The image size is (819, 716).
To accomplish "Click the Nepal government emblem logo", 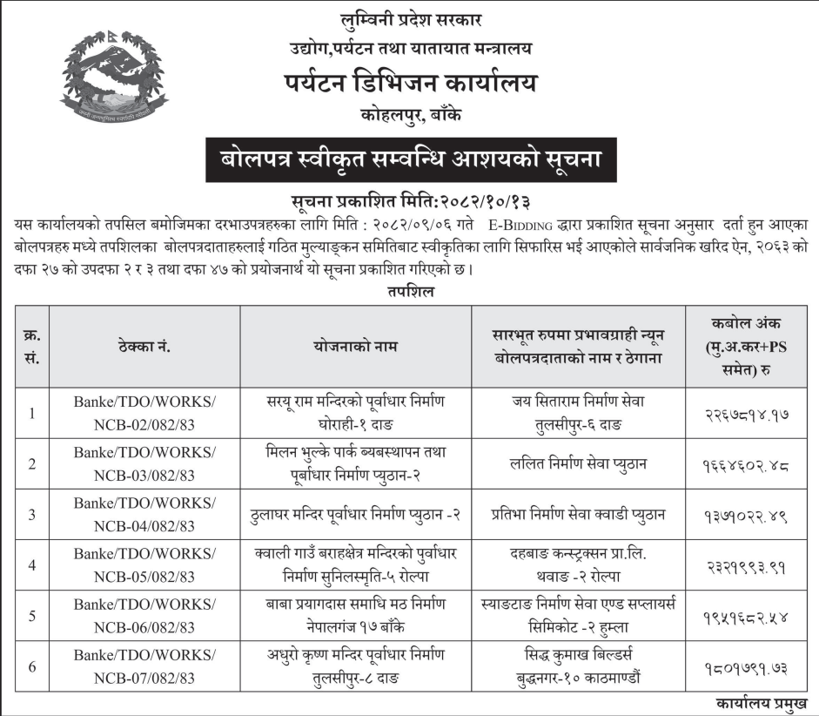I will (x=112, y=78).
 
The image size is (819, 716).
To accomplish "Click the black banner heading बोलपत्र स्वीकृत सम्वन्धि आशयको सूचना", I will (x=409, y=160).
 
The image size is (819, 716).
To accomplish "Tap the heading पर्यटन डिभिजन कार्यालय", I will (x=410, y=84).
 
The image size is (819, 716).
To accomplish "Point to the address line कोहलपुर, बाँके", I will (x=410, y=114).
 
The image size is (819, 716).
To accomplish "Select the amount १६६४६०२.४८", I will (x=747, y=463).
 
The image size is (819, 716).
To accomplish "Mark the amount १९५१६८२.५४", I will (x=747, y=615).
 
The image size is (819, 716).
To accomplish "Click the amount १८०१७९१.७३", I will (x=747, y=665).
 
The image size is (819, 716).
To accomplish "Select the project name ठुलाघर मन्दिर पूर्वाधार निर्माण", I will (x=355, y=514).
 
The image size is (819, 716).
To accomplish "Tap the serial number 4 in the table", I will (x=31, y=564).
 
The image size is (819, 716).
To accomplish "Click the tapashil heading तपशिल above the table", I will (x=410, y=293).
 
